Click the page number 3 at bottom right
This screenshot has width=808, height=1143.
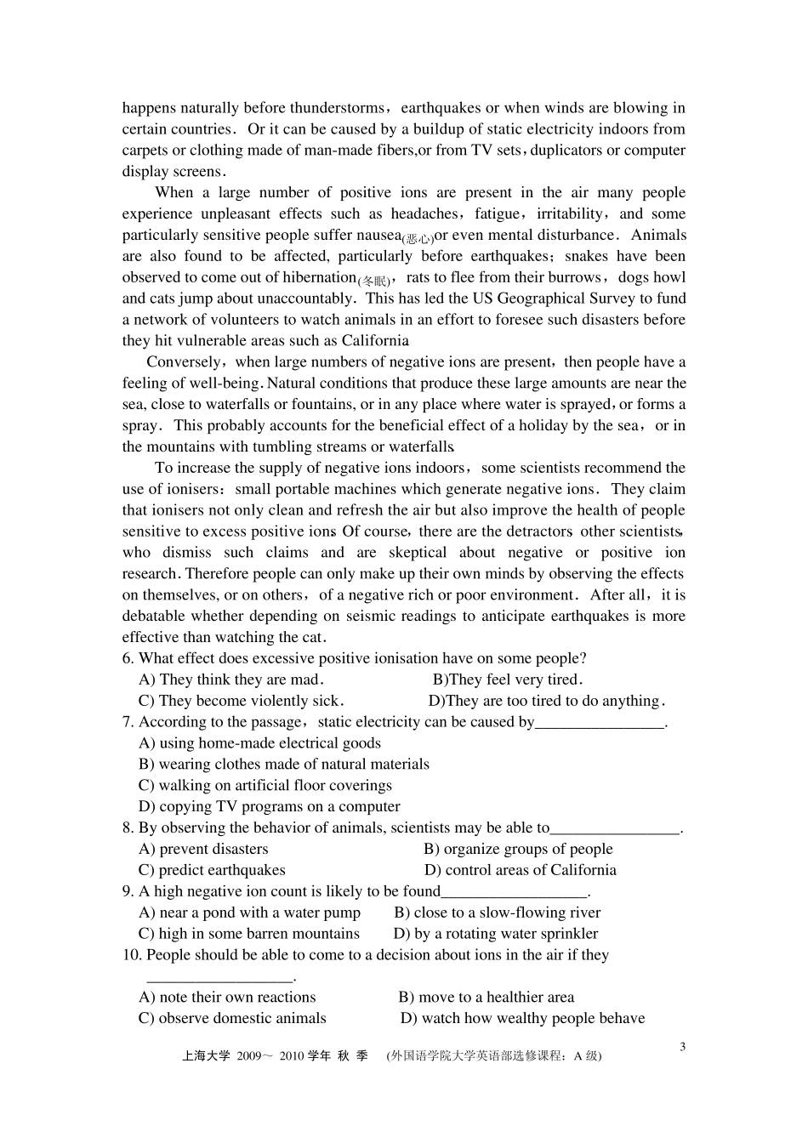tap(682, 1047)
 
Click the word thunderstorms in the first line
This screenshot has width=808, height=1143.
tap(339, 108)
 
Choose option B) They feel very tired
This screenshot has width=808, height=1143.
tap(508, 680)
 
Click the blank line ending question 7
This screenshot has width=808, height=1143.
tap(600, 725)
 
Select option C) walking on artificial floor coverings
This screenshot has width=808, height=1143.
tap(265, 785)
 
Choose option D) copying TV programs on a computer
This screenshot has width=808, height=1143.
tap(269, 806)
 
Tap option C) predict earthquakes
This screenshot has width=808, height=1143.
tap(212, 870)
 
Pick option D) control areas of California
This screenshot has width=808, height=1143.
tap(521, 870)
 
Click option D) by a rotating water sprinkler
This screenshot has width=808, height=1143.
tap(496, 934)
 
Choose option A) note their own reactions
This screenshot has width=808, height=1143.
tap(227, 998)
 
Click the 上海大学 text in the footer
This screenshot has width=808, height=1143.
tap(206, 1056)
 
